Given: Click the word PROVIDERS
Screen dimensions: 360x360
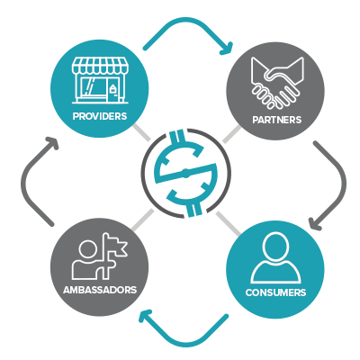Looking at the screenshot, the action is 100,116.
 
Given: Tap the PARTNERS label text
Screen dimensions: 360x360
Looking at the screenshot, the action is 276,120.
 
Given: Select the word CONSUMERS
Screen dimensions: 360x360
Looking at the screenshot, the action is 275,292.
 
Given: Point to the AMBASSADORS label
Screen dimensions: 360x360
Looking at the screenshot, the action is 100,290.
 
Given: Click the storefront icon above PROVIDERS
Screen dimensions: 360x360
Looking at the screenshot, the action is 100,80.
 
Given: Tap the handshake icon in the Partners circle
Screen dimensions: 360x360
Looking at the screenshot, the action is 277,83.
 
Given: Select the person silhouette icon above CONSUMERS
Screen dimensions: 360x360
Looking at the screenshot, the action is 275,257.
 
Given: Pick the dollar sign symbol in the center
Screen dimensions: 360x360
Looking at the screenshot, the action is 185,173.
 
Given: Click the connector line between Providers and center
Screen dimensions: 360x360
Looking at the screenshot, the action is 141,133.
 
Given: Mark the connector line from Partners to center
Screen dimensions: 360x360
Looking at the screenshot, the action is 231,134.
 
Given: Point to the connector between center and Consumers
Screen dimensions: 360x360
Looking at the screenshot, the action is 228,223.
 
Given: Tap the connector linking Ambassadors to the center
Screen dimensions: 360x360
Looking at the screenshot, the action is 142,220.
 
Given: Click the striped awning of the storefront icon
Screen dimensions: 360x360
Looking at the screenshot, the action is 100,65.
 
